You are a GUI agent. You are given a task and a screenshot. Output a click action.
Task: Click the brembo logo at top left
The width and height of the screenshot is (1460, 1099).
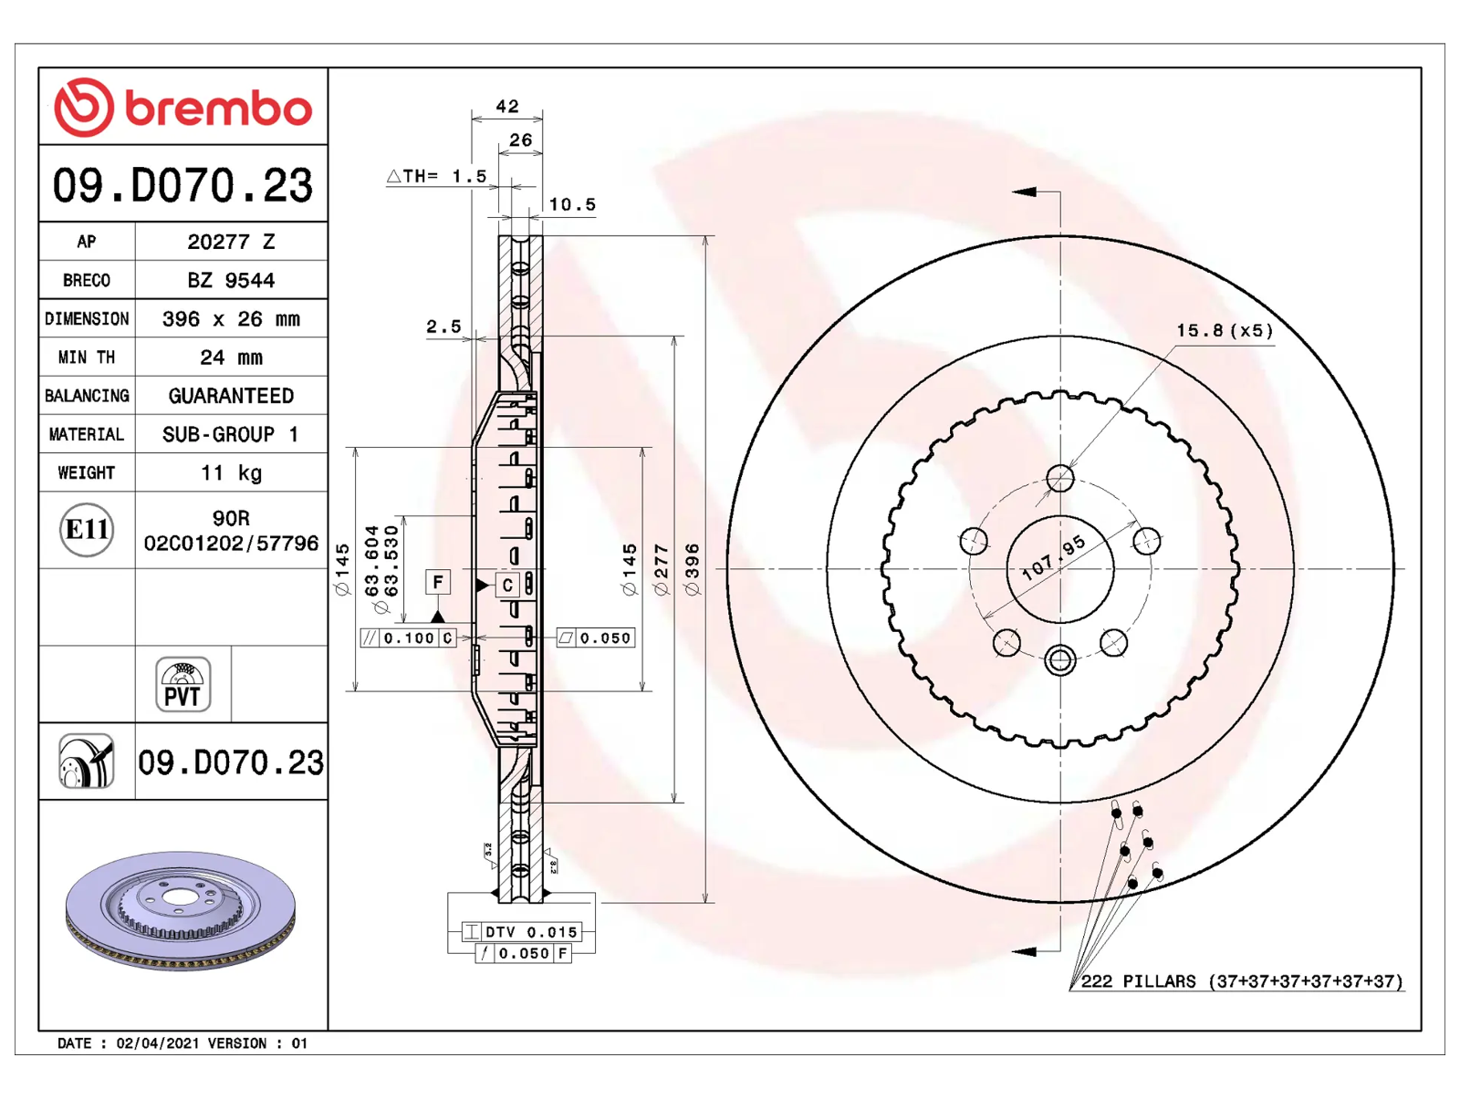pos(182,107)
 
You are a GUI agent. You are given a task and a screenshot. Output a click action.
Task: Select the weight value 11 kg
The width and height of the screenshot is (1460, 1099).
pos(232,472)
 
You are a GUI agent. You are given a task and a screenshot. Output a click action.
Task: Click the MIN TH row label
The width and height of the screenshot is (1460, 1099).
pos(87,357)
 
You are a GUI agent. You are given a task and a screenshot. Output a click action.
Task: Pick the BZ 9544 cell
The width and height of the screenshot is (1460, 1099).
pos(231,280)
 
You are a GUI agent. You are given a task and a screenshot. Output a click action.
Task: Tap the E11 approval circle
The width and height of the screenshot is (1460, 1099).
pos(87,530)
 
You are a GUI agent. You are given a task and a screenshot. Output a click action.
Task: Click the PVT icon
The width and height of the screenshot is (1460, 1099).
pos(182,684)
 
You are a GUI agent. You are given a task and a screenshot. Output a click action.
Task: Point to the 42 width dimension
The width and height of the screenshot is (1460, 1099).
pos(506,106)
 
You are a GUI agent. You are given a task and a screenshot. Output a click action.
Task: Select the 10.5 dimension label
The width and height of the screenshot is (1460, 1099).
pos(572,204)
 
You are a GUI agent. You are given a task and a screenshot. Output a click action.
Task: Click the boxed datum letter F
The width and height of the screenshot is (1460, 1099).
pos(438,583)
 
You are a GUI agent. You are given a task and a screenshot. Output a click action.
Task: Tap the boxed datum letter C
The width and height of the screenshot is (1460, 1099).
pos(507,586)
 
